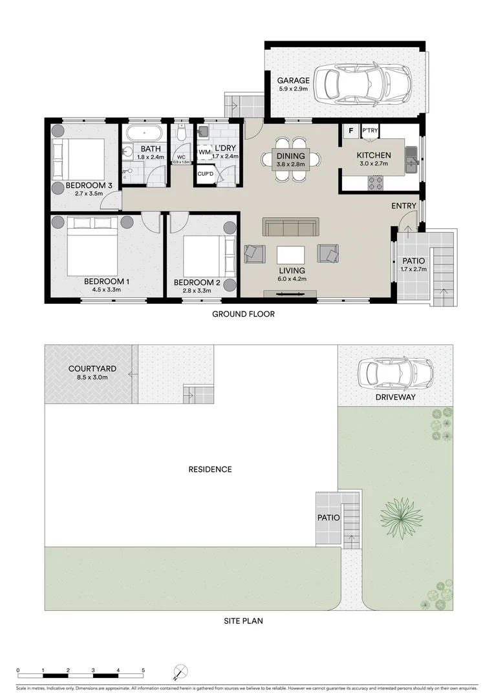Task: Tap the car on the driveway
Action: [395, 373]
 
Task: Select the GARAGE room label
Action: [294, 81]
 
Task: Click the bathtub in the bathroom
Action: [144, 134]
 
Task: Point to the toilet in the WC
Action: [182, 134]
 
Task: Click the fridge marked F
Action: [351, 131]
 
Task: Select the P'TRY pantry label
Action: [370, 131]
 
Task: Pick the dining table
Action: [290, 160]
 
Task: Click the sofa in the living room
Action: [290, 227]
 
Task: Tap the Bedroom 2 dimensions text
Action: [197, 290]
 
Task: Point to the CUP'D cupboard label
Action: [206, 174]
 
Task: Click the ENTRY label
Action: [404, 206]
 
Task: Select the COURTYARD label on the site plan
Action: [88, 369]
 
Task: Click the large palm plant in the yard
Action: [401, 515]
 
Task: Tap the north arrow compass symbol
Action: [180, 672]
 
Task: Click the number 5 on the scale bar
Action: [143, 670]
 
